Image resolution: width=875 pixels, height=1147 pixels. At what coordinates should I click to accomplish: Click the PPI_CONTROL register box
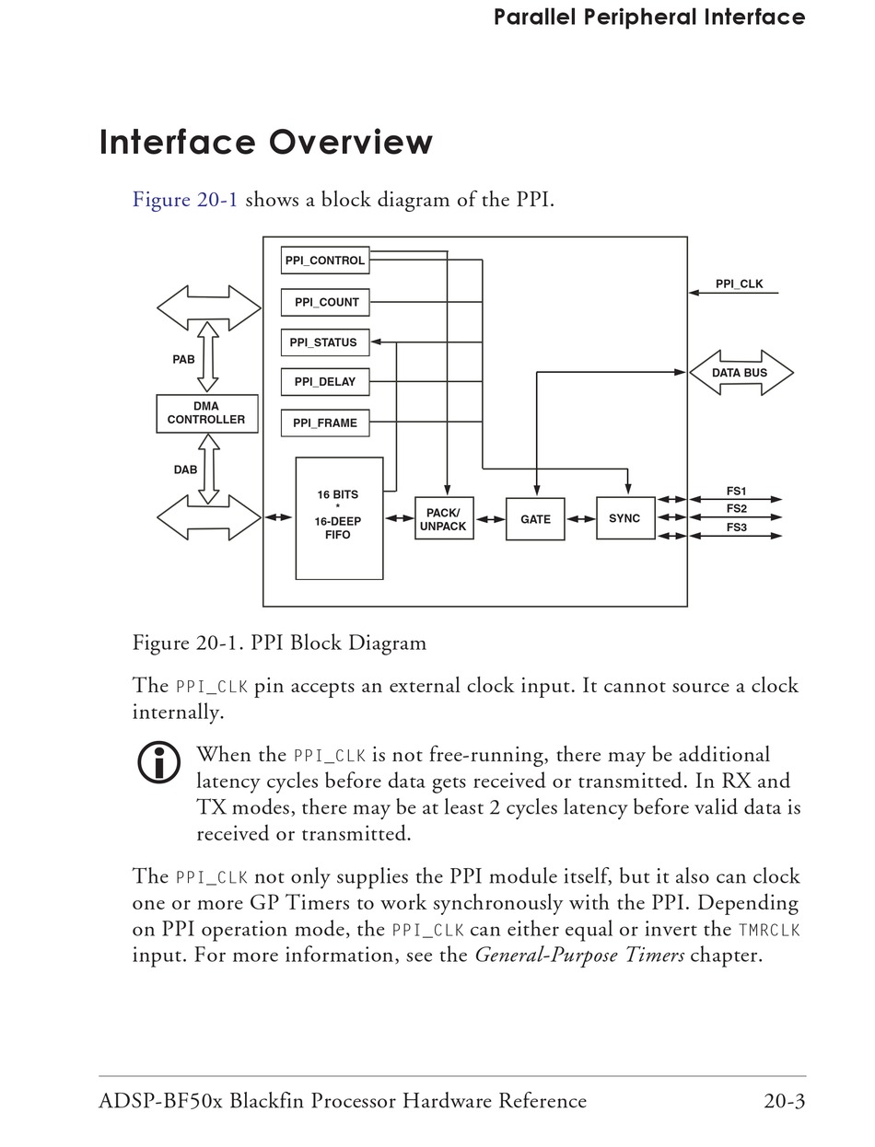[324, 260]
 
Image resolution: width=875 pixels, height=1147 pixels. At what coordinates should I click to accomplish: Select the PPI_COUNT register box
[324, 302]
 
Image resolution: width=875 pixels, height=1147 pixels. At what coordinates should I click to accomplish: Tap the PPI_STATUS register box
[324, 342]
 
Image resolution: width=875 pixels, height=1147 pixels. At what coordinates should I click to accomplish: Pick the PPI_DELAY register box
[324, 382]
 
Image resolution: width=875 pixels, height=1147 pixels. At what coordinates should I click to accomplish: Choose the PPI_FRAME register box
[324, 423]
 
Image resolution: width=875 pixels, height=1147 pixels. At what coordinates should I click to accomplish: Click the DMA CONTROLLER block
[207, 413]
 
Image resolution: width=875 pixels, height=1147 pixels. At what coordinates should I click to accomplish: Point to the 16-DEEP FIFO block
[339, 518]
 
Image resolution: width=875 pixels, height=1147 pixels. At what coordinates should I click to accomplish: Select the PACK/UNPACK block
[444, 518]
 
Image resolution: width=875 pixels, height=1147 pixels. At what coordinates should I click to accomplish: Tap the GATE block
[535, 519]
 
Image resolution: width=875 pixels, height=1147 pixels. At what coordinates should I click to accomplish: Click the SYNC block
[625, 518]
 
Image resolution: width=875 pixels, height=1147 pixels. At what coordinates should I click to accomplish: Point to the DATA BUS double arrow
[741, 373]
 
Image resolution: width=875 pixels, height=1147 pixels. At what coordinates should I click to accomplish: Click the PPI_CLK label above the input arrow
[739, 284]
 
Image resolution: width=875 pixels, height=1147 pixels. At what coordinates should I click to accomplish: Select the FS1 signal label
[736, 491]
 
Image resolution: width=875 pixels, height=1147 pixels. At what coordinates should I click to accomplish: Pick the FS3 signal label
[736, 527]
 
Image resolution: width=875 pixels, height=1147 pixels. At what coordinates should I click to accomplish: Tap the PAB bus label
[183, 360]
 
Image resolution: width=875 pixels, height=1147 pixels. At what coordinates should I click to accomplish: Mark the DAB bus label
[185, 469]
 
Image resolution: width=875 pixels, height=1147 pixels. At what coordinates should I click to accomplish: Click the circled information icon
[158, 762]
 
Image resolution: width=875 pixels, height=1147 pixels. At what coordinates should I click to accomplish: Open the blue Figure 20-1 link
[185, 200]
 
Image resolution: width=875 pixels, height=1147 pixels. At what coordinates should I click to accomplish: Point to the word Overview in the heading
[351, 142]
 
